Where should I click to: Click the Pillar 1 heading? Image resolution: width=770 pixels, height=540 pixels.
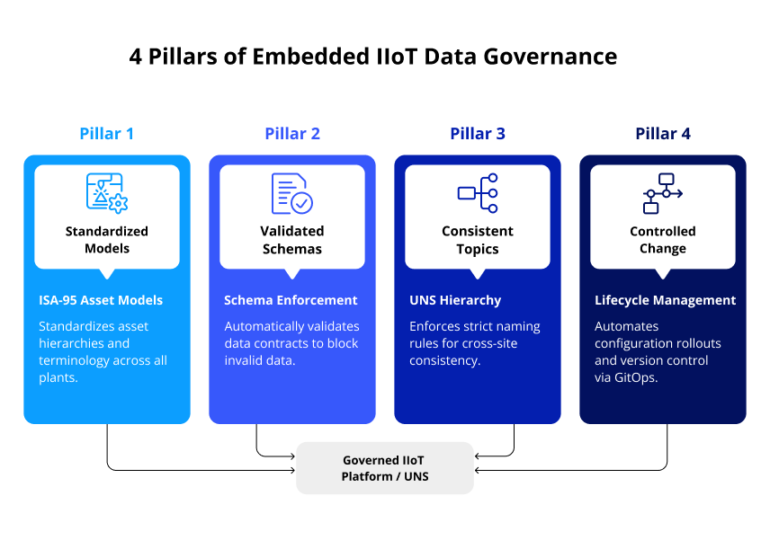point(106,134)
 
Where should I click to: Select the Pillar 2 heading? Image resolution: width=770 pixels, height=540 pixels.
point(292,134)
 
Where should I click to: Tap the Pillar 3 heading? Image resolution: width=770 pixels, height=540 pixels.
point(478,134)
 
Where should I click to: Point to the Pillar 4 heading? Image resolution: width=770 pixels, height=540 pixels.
point(663,134)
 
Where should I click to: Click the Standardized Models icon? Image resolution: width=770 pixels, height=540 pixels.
point(106,192)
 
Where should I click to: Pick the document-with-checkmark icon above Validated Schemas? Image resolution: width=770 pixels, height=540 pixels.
point(292,192)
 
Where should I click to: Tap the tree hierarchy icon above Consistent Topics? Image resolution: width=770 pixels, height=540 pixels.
point(478,192)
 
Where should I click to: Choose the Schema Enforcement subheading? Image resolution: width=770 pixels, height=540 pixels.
point(291,300)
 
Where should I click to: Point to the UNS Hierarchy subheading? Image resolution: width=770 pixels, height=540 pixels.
point(455,300)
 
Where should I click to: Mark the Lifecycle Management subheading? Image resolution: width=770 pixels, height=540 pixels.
point(665,300)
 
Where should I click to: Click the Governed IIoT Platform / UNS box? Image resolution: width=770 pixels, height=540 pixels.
point(385,468)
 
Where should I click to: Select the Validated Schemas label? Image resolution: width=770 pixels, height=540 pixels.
point(292,240)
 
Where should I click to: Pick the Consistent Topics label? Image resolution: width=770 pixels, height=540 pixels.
point(478,240)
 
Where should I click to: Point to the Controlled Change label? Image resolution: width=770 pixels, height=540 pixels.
point(663,240)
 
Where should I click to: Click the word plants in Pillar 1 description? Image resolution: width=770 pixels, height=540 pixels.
point(58,377)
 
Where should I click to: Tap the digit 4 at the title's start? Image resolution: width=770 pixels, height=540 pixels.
point(136,57)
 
